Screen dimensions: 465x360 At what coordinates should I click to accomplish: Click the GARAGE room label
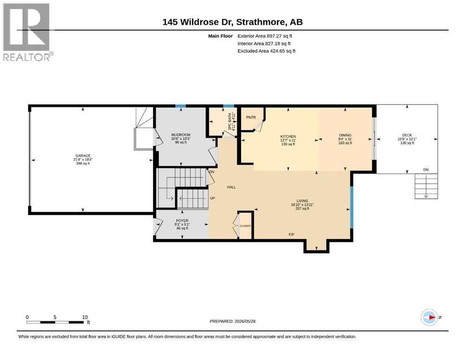point(83,156)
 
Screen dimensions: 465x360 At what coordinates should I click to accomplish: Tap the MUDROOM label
point(181,135)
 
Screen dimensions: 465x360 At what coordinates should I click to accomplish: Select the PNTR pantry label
point(251,118)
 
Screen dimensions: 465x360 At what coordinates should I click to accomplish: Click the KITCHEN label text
point(288,136)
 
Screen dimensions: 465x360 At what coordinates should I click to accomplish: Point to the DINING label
point(345,135)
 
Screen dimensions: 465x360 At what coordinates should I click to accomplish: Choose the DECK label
point(407,135)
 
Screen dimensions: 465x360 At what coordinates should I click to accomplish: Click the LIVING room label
point(302,201)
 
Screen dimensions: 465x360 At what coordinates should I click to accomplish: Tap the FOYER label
point(182,221)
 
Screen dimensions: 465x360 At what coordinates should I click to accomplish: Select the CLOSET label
point(245,226)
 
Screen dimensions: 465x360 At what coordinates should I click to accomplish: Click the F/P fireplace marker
point(292,234)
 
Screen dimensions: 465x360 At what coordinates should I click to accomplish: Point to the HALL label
point(231,187)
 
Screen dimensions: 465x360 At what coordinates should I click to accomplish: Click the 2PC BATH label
point(229,121)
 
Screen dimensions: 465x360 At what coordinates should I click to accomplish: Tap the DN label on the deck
point(426,170)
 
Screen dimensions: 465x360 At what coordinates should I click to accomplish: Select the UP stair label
point(212,198)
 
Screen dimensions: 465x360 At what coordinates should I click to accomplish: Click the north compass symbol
point(429,317)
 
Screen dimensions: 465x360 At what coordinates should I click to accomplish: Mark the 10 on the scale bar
point(85,317)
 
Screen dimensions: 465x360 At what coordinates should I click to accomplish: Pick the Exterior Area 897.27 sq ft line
point(265,36)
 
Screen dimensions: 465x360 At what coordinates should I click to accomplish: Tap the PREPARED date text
point(232,321)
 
